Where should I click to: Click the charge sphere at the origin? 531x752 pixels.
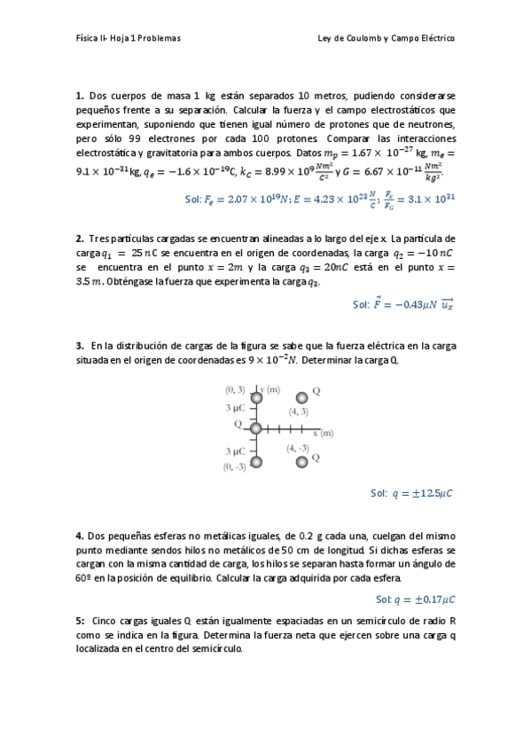(255, 428)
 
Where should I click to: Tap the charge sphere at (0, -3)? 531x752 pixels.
(255, 461)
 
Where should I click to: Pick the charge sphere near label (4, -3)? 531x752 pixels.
(301, 461)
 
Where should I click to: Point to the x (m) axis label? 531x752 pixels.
(322, 433)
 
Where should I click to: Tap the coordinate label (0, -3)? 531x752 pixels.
(235, 467)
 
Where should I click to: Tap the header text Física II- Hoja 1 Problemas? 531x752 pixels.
(129, 39)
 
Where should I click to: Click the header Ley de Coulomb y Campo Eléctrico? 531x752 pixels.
(386, 39)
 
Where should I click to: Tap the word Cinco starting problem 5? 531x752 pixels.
(106, 621)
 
